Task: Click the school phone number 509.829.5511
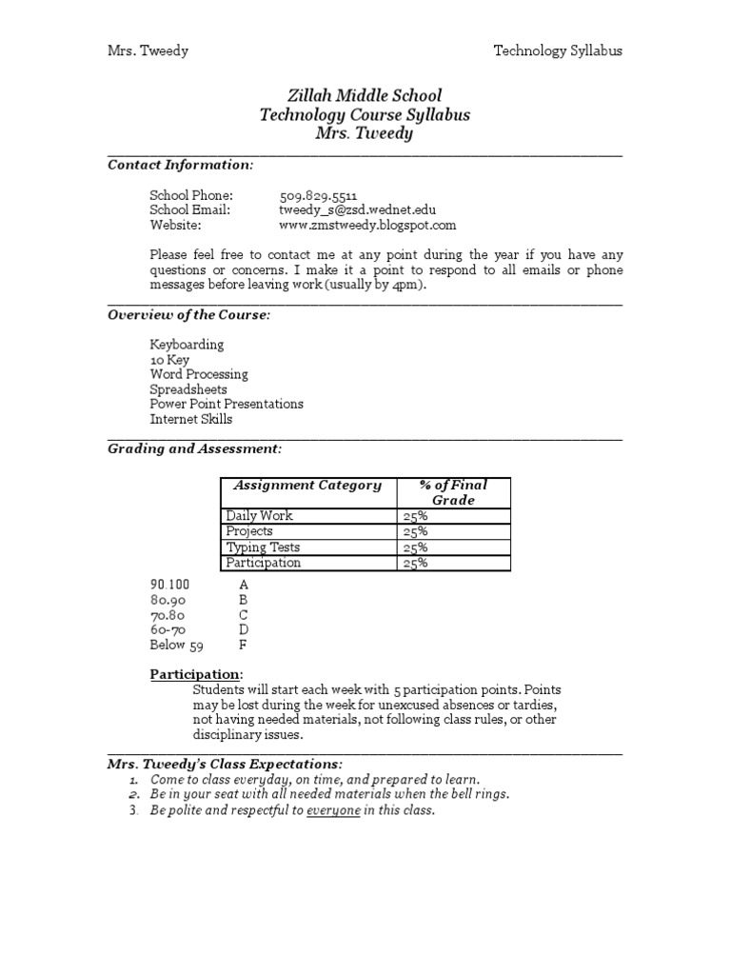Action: [x=318, y=195]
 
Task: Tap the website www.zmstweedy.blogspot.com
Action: [x=367, y=226]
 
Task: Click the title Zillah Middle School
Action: [x=365, y=96]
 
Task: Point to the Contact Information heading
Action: [x=181, y=165]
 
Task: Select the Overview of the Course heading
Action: [x=189, y=315]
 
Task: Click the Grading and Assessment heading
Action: [x=194, y=448]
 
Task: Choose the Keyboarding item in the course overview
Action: [x=187, y=345]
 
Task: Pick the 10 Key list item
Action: [x=169, y=360]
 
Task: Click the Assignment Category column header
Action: [x=307, y=486]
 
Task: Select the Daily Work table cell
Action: [x=259, y=516]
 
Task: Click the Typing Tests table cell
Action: [x=263, y=547]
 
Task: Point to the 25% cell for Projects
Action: [x=416, y=531]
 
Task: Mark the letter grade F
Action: [x=243, y=645]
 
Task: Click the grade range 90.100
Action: [x=170, y=585]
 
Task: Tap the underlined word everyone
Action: [x=333, y=810]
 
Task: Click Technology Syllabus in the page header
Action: [x=558, y=50]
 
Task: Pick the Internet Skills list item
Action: [x=190, y=419]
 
